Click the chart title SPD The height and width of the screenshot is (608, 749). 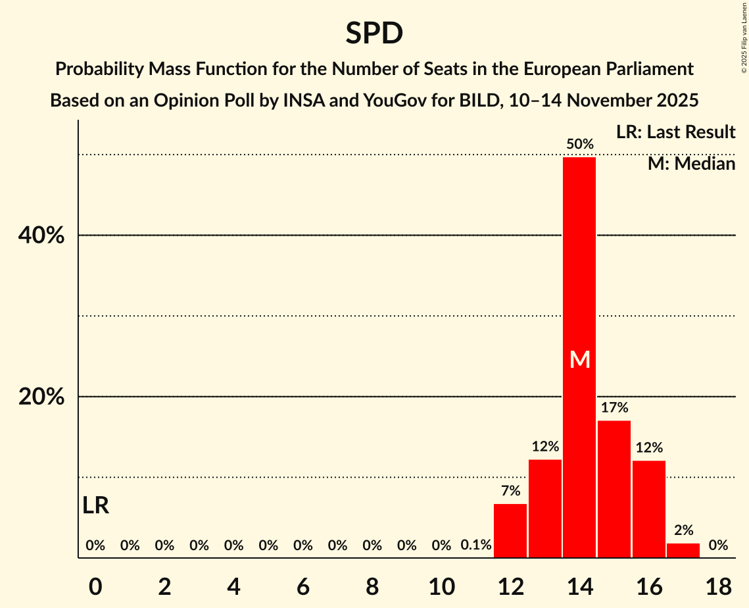pos(374,33)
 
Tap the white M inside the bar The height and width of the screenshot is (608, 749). pos(579,359)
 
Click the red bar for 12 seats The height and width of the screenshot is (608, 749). pos(510,531)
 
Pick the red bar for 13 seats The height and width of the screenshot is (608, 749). pos(545,509)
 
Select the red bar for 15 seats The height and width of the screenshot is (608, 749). pos(614,489)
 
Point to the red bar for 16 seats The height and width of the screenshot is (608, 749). pos(649,509)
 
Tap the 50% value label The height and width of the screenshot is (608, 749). pos(579,143)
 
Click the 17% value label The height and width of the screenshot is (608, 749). pos(614,407)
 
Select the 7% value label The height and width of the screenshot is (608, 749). pos(510,490)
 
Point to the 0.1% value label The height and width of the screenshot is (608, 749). pos(476,545)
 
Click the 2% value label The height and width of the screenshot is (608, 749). pos(683,530)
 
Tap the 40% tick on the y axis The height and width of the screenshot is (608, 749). pos(41,236)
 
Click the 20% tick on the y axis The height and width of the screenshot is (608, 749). pos(41,397)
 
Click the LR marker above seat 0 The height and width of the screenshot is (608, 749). pos(96,505)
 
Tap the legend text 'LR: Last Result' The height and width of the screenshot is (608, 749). pos(675,132)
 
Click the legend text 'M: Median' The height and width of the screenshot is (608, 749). pos(691,163)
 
